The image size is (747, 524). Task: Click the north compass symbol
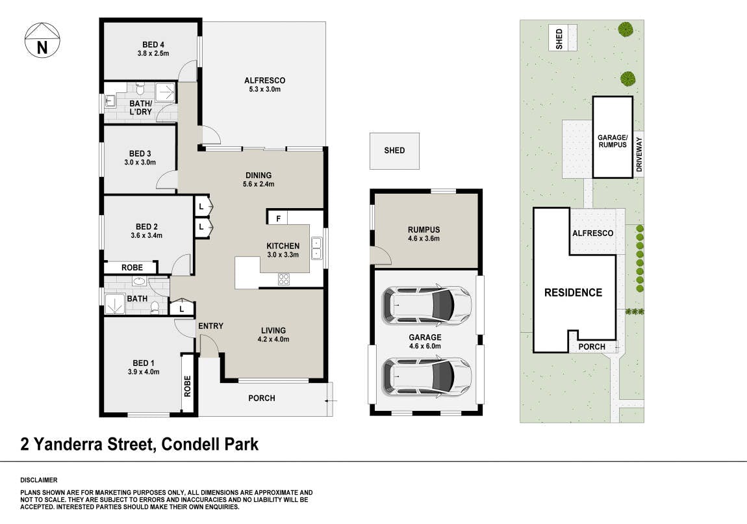point(42,40)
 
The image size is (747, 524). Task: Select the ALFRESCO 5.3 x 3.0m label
point(264,85)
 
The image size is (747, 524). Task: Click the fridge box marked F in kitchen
point(278,218)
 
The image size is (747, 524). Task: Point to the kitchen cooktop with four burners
point(283,279)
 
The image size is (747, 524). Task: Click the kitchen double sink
point(316,248)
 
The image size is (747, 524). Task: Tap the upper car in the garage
point(426,304)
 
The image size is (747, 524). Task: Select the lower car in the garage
point(426,376)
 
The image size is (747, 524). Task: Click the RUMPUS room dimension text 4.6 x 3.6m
point(424,239)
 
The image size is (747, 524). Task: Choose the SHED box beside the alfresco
point(394,151)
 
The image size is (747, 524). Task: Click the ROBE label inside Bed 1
point(187,386)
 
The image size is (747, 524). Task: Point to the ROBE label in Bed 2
point(132,267)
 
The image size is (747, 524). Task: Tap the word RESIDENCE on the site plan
point(573,293)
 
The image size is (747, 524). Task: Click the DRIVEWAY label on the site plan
point(639,155)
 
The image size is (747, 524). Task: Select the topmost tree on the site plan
point(626,29)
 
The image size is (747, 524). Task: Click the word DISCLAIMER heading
point(38,480)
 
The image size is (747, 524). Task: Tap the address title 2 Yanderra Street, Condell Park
point(139,445)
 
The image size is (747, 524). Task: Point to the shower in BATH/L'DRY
point(166,91)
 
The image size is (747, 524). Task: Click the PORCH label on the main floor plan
point(262,398)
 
